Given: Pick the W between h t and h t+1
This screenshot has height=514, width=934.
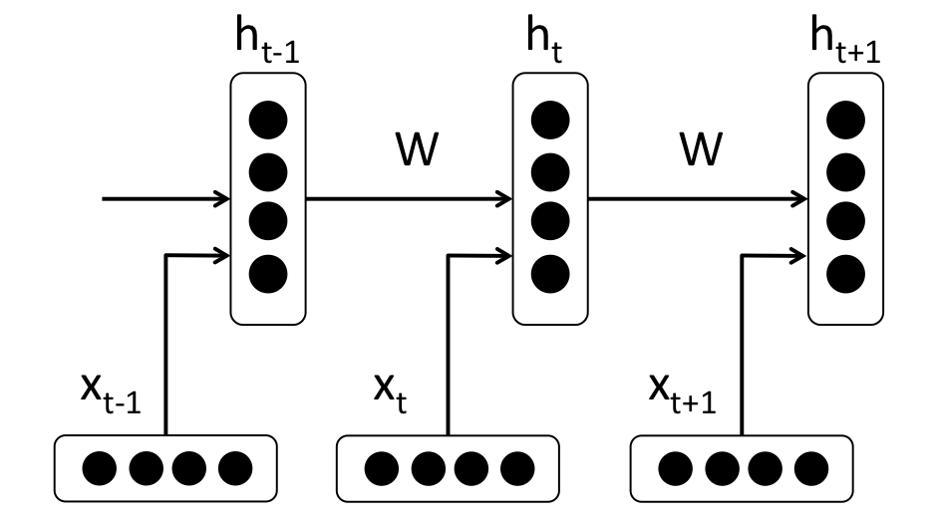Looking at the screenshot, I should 701,151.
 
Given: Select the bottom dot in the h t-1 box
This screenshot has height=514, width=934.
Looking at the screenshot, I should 268,271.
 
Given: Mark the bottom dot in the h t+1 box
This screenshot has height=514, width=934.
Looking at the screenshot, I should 845,271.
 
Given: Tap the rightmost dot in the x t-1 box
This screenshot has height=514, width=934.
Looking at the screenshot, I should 236,465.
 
